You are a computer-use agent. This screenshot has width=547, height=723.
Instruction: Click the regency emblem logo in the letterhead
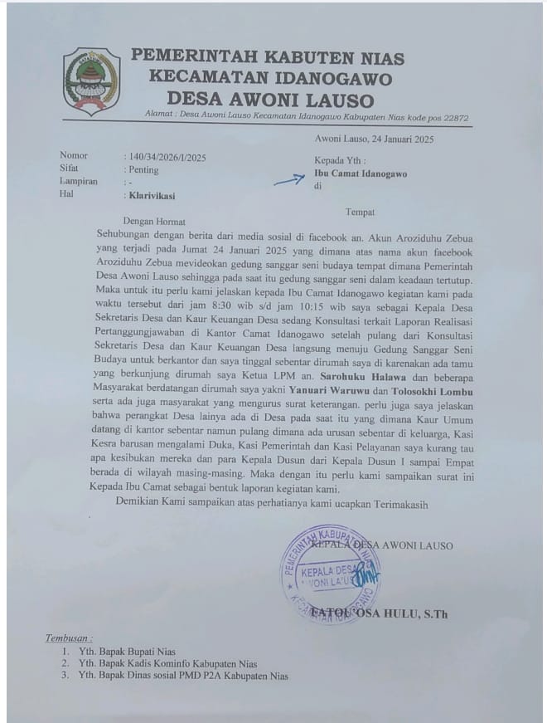click(91, 81)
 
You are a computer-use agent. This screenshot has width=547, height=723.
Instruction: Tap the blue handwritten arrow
click(288, 178)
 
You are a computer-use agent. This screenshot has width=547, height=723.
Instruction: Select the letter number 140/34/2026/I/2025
click(167, 156)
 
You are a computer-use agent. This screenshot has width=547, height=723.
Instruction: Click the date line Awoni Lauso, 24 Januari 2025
click(374, 139)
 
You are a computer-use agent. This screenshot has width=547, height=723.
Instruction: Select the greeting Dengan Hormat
click(154, 222)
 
